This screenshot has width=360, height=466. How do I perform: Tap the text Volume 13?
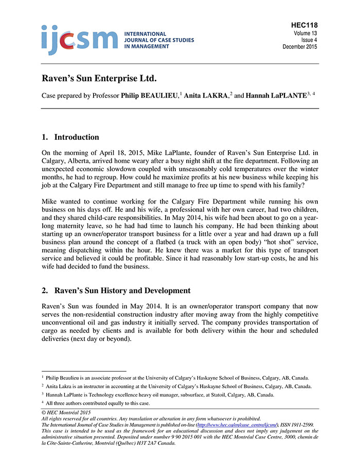[x=306, y=32]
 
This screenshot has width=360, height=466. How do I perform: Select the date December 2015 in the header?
[x=300, y=46]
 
